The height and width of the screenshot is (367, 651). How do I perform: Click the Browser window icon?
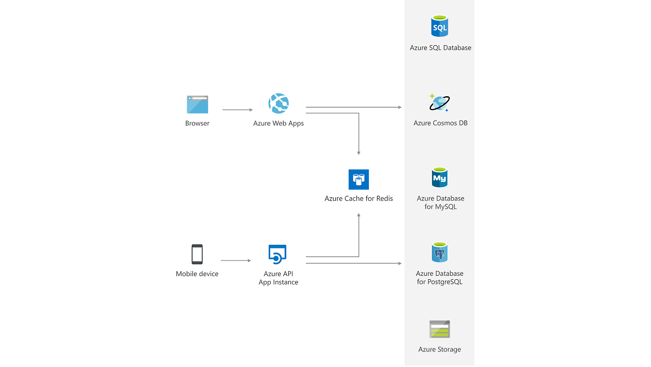pyautogui.click(x=197, y=104)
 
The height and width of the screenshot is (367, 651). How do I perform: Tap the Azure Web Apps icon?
pyautogui.click(x=278, y=104)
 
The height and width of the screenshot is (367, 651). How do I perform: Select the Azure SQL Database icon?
pyautogui.click(x=439, y=26)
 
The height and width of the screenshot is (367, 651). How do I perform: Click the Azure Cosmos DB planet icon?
pyautogui.click(x=439, y=103)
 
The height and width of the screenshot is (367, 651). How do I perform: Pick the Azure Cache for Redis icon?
pyautogui.click(x=358, y=179)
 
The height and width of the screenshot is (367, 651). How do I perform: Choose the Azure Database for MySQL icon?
pyautogui.click(x=439, y=178)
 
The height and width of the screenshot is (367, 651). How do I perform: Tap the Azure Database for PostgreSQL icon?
pyautogui.click(x=439, y=253)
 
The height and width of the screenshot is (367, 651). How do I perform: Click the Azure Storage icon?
pyautogui.click(x=439, y=329)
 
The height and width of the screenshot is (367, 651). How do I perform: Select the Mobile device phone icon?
pyautogui.click(x=197, y=254)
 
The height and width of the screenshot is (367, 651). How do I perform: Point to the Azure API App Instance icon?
pyautogui.click(x=278, y=254)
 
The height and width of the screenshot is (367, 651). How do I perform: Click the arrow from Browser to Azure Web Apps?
pyautogui.click(x=237, y=109)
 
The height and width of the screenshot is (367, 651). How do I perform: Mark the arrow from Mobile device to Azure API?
pyautogui.click(x=236, y=260)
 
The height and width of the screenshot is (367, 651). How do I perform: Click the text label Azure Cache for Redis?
pyautogui.click(x=359, y=198)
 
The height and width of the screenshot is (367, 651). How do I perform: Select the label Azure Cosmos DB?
pyautogui.click(x=441, y=123)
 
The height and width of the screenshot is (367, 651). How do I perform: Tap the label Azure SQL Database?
pyautogui.click(x=441, y=47)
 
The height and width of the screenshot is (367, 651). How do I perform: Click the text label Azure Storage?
pyautogui.click(x=440, y=350)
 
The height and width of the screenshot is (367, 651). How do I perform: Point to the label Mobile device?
pyautogui.click(x=197, y=273)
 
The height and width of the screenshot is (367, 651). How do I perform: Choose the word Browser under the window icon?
pyautogui.click(x=197, y=123)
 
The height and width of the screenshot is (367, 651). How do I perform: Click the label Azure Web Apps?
pyautogui.click(x=278, y=123)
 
